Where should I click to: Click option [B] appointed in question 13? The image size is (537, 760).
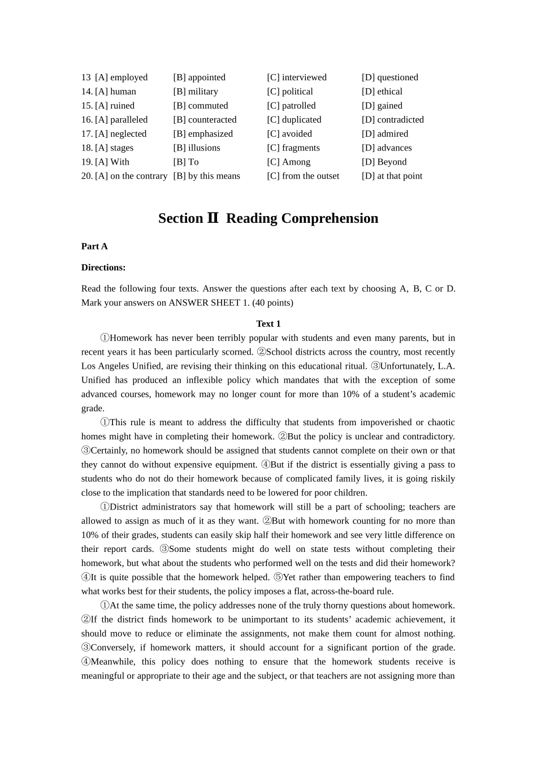point(199,77)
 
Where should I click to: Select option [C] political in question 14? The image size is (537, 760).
point(289,92)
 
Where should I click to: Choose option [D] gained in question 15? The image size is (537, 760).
point(382,106)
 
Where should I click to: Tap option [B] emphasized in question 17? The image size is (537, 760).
point(203,134)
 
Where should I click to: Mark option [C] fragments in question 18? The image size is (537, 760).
point(293,148)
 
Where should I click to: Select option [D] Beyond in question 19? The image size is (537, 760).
point(384,162)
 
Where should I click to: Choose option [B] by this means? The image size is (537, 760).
point(206,176)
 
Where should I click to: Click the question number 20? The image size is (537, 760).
point(86,176)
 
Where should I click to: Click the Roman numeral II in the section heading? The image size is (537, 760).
point(213,218)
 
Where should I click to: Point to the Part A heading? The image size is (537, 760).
point(94,247)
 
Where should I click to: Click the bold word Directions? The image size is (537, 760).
point(103,267)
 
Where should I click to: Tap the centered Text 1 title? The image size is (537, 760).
point(268,324)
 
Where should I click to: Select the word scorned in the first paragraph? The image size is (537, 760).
point(237,352)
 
